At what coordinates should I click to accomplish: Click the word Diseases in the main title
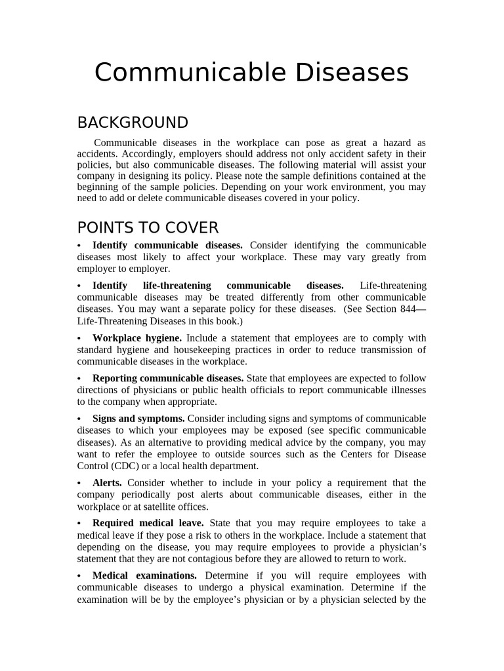tap(351, 73)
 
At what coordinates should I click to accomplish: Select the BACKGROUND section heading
tap(133, 123)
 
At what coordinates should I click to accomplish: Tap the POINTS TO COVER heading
tap(148, 228)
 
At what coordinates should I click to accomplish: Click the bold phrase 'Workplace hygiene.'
tap(137, 338)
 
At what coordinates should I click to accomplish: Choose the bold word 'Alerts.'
tap(107, 483)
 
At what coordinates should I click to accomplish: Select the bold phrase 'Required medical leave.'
tap(148, 523)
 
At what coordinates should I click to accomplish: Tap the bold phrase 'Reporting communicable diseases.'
tap(168, 378)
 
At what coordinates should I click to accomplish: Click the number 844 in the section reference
tap(408, 309)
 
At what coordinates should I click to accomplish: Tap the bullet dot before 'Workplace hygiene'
tap(79, 339)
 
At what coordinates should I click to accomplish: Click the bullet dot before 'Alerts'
tap(79, 484)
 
